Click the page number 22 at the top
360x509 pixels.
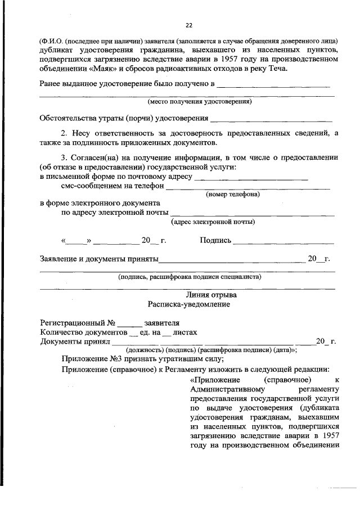189,25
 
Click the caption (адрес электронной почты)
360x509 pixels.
213,222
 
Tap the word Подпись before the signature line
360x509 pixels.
215,241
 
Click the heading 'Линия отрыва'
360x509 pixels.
211,295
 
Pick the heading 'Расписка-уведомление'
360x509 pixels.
189,304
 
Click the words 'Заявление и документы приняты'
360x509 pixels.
99,259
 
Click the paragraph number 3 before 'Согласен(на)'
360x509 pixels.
64,159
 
